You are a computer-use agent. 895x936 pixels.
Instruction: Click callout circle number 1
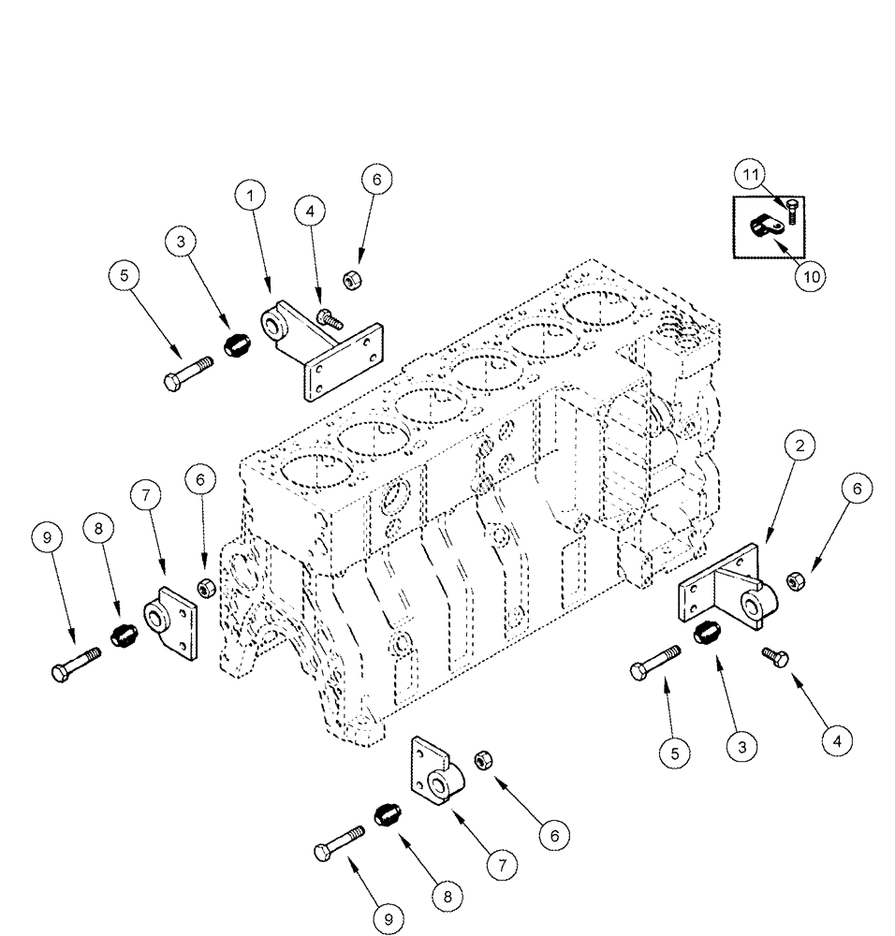point(249,197)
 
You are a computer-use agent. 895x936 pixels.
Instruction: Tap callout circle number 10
point(811,277)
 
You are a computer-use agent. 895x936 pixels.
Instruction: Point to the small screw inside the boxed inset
point(792,212)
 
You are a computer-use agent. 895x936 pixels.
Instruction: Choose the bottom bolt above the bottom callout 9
point(338,842)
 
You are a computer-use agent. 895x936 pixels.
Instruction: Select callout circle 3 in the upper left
point(181,242)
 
